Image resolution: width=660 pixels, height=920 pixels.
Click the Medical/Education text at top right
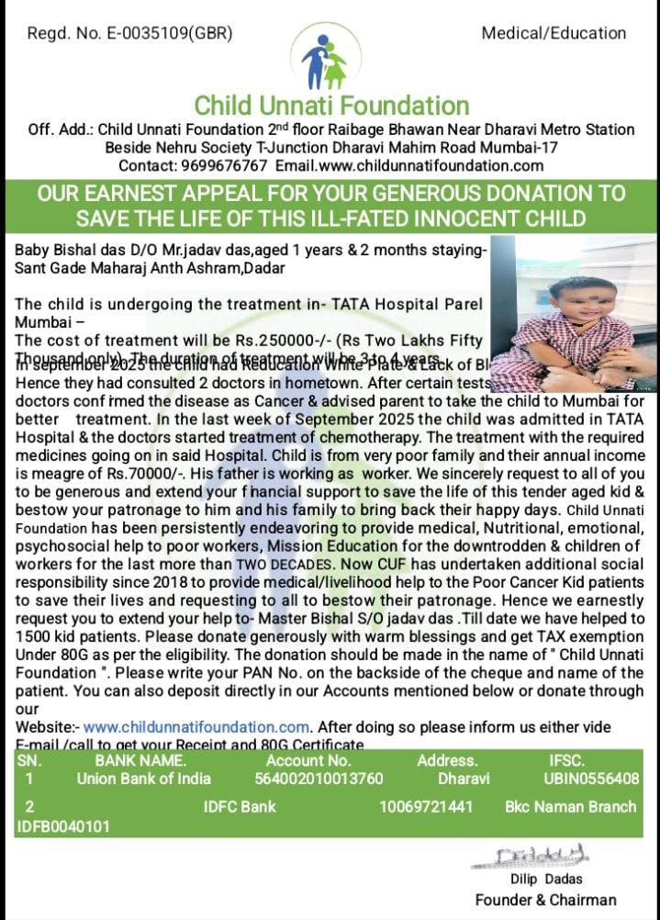tap(554, 33)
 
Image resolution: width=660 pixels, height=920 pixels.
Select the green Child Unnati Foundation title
tap(331, 106)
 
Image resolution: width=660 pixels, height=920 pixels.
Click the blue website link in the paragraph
tap(196, 727)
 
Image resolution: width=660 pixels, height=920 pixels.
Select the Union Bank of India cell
tap(143, 779)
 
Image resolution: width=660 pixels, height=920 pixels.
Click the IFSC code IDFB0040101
tap(63, 826)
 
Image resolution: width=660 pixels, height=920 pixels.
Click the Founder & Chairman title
tap(545, 900)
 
